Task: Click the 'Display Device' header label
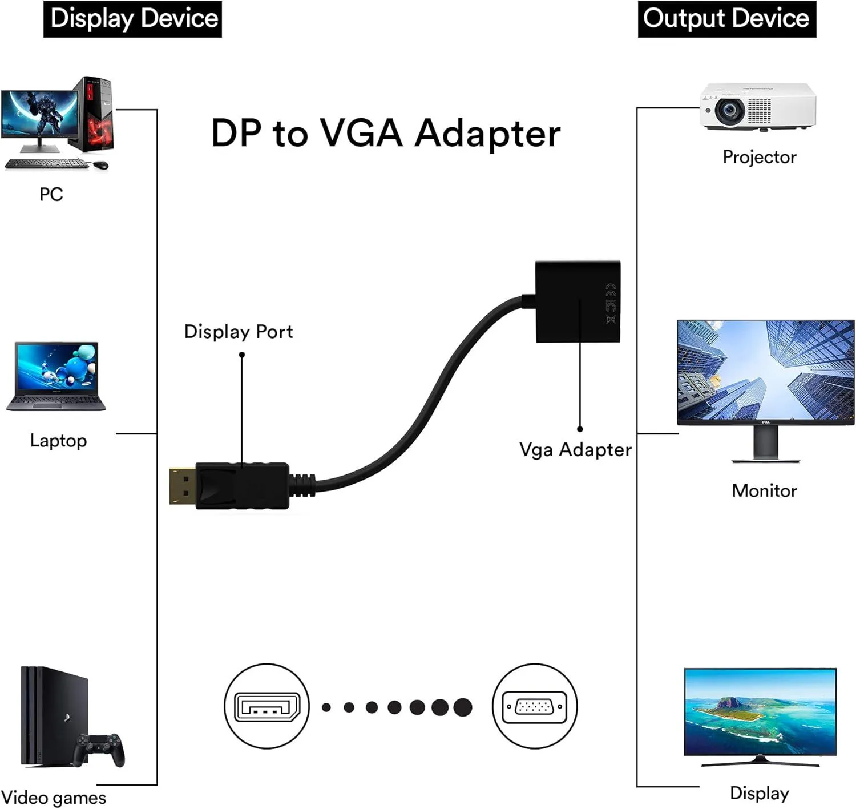pos(133,18)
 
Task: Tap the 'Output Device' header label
pos(726,18)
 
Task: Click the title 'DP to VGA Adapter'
pos(386,134)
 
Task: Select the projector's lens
pos(729,110)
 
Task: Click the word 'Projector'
pos(759,157)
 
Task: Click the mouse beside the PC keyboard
pos(100,165)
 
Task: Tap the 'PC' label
pos(51,195)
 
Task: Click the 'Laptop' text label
pos(58,441)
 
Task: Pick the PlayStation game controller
pos(101,748)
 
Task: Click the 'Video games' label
pos(54,798)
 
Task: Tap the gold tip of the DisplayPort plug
pos(182,486)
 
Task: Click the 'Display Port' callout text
pos(238,332)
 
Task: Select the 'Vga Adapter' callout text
pos(575,450)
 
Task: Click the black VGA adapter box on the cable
pos(578,301)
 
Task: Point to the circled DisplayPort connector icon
pos(267,706)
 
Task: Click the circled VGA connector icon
pos(535,706)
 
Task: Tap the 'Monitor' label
pos(764,490)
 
